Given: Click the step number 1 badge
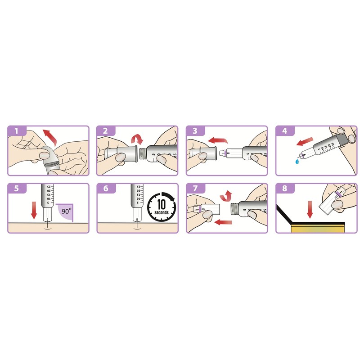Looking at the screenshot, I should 16,131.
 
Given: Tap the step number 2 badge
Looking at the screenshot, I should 105,131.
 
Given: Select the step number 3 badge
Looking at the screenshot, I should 194,131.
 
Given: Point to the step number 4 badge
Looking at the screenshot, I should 284,131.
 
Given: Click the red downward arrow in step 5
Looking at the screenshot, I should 32,210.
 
